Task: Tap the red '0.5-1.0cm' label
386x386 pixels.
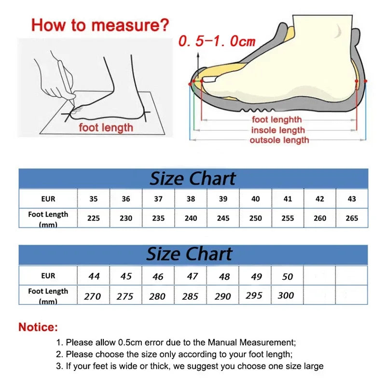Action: pos(217,41)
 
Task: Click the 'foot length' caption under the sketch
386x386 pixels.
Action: pos(106,128)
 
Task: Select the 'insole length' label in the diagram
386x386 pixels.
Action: pos(278,130)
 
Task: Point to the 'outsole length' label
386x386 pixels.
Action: pos(279,140)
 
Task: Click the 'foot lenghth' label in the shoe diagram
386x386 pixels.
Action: pos(276,120)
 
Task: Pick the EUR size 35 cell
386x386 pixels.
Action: pos(94,199)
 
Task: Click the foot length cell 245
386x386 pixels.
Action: pos(223,218)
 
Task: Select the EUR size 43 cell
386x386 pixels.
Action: pos(352,199)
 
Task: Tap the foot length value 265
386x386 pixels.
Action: pos(352,218)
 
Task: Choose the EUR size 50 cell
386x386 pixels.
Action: pos(288,276)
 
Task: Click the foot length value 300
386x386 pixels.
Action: pos(286,295)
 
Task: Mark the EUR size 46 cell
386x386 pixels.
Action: pos(158,276)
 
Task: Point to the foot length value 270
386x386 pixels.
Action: pos(93,296)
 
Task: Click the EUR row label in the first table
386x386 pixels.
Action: pos(48,199)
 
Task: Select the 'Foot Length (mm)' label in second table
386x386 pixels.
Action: pos(48,295)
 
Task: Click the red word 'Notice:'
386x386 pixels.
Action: pos(38,327)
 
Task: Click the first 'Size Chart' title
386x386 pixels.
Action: pos(193,179)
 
